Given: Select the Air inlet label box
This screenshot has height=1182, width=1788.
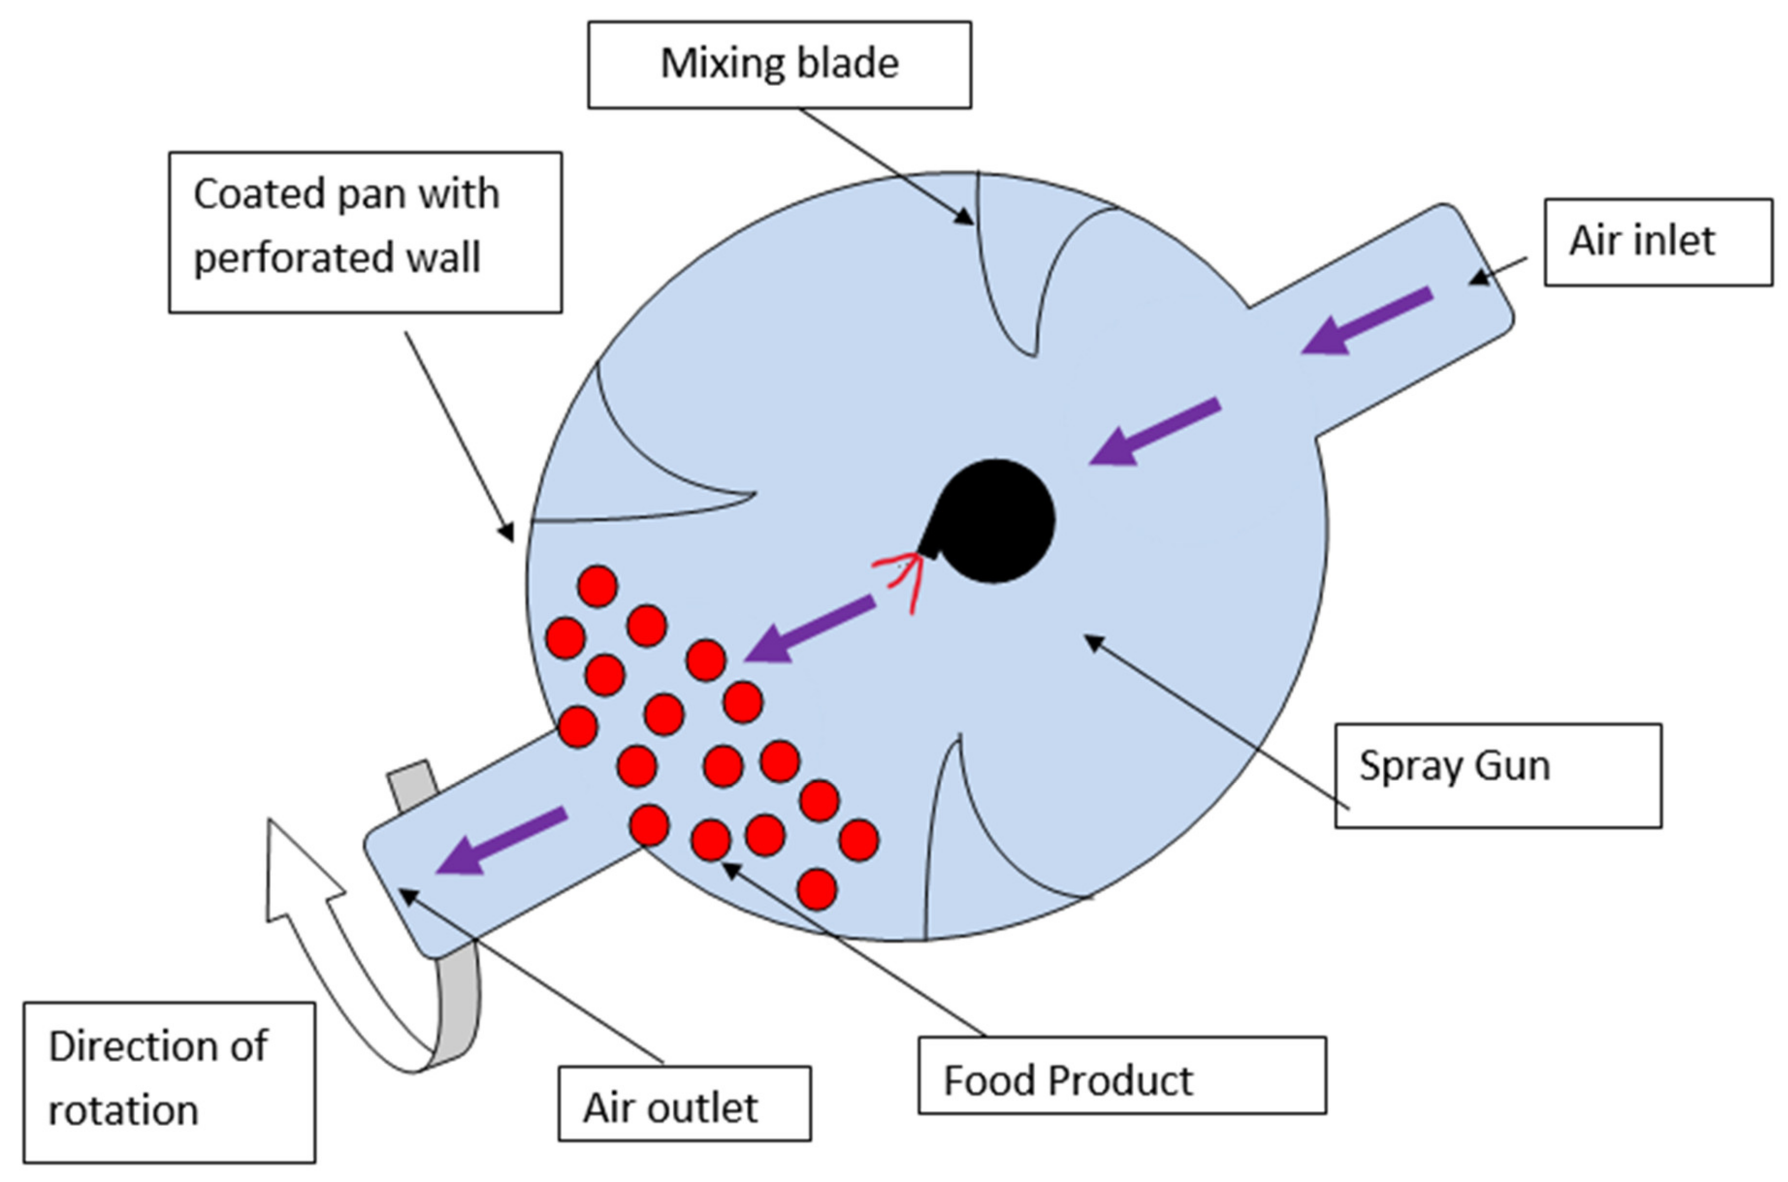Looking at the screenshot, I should point(1658,242).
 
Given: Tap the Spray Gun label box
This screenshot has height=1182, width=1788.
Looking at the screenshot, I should point(1497,776).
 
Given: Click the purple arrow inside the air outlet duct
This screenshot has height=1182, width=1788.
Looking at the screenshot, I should point(501,840).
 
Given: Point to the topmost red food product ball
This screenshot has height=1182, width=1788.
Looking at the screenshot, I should point(597,586).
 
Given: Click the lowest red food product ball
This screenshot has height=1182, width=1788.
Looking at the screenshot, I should point(817,889).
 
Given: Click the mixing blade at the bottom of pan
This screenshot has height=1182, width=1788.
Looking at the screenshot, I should point(958,844).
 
